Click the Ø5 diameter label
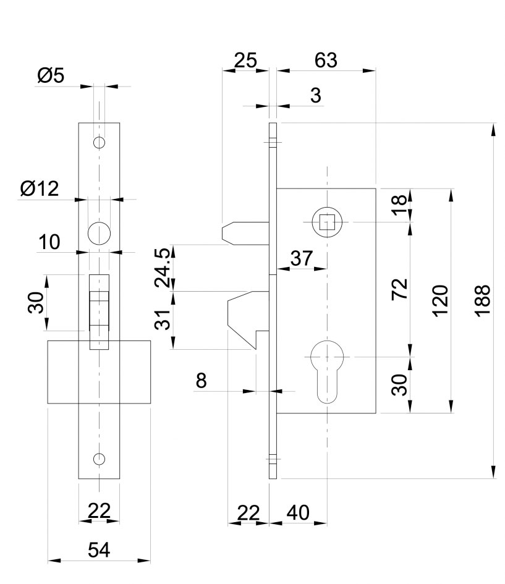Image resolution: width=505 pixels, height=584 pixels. [x=51, y=75]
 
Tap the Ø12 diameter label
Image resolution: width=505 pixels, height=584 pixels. [x=40, y=188]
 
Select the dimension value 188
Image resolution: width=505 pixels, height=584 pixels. [x=483, y=300]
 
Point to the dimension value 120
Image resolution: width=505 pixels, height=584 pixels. [x=440, y=300]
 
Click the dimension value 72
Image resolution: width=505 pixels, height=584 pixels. [x=400, y=289]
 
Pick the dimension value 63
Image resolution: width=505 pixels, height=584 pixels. [x=326, y=60]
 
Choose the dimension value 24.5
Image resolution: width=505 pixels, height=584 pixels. [x=163, y=267]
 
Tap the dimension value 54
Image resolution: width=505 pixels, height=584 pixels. [x=99, y=550]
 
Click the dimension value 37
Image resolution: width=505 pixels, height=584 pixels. [x=302, y=258]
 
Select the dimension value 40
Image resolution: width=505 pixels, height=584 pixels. [x=298, y=512]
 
